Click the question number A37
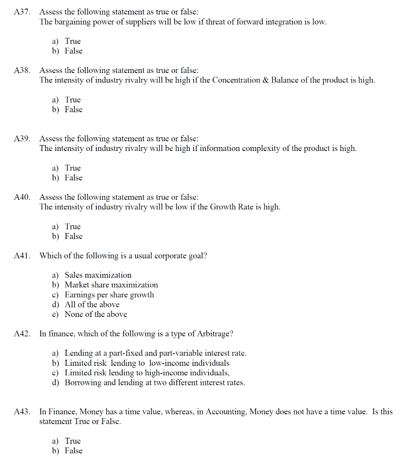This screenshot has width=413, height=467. click(x=22, y=12)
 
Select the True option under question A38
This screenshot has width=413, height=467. click(x=73, y=100)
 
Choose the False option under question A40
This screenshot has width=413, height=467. click(x=73, y=236)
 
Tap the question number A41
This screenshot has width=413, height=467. click(x=22, y=256)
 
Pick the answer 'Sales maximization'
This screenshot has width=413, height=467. click(x=98, y=275)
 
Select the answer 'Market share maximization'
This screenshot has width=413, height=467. click(x=111, y=285)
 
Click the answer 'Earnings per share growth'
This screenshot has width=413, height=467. click(x=109, y=295)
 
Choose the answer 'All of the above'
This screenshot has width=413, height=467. click(x=92, y=305)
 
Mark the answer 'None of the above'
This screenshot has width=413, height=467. click(x=95, y=314)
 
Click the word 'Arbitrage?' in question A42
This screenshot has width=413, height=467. click(x=215, y=334)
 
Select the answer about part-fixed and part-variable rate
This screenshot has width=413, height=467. click(x=155, y=353)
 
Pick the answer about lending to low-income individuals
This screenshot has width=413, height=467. click(x=146, y=363)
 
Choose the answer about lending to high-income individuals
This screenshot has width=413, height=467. click(x=147, y=373)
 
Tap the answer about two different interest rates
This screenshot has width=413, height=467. click(x=155, y=383)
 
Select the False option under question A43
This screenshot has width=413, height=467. click(x=73, y=451)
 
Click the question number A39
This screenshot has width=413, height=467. click(x=22, y=139)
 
